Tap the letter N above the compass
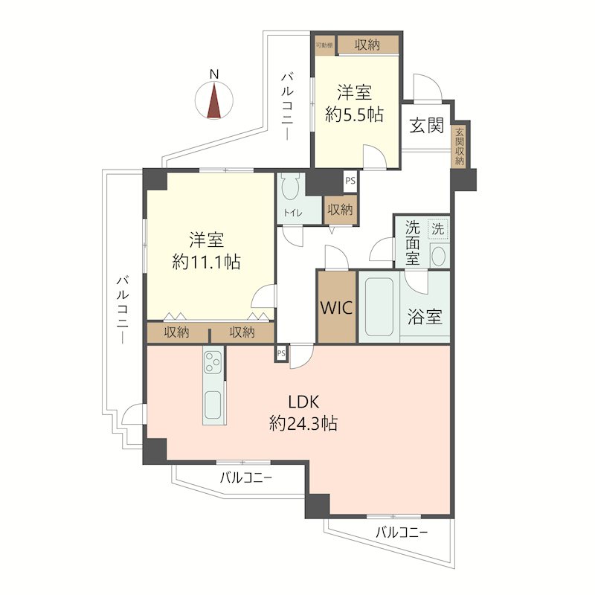(x=214, y=74)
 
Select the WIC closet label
(x=337, y=307)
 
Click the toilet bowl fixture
(x=291, y=186)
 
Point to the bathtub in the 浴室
(x=379, y=306)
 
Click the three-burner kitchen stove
(x=213, y=362)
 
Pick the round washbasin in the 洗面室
(x=438, y=256)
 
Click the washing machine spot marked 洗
(x=438, y=229)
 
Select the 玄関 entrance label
(x=426, y=125)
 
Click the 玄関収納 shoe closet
(x=460, y=146)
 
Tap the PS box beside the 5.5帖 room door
(x=350, y=181)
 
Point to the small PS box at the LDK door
(x=281, y=353)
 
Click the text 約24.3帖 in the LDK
(x=303, y=423)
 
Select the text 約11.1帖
(x=207, y=262)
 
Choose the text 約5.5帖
(x=355, y=114)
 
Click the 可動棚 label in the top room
(x=324, y=45)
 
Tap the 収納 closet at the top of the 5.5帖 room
(x=367, y=45)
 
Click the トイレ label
(x=293, y=213)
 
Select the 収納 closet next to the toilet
(x=340, y=210)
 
